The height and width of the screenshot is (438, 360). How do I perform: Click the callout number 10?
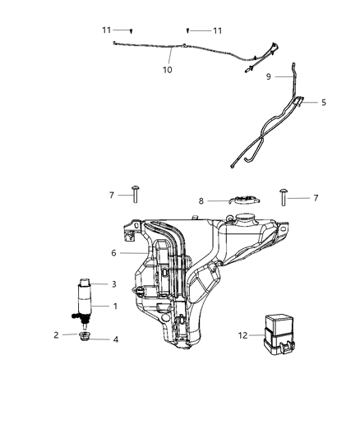(x=167, y=71)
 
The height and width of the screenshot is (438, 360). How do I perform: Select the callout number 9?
(x=268, y=76)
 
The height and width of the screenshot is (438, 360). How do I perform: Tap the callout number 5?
(x=323, y=103)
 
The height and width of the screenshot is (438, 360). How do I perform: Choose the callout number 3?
(x=114, y=284)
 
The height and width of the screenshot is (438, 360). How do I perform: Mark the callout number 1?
(x=114, y=307)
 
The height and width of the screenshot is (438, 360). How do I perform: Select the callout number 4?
(x=114, y=339)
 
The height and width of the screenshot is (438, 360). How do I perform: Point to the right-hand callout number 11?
(x=217, y=30)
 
